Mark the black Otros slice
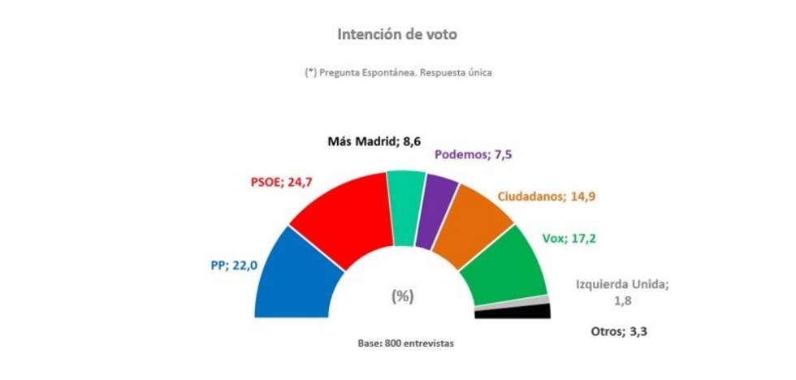pos(513,312)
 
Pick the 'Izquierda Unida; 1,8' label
pos(621,291)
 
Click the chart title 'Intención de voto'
pos(397,35)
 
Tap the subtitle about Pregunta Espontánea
pos(398,72)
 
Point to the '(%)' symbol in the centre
pos(402,296)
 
